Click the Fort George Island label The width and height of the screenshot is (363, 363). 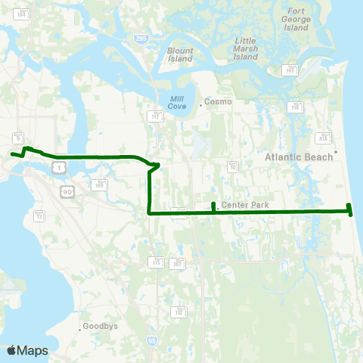pyautogui.click(x=296, y=18)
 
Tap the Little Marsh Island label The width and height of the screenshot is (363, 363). pyautogui.click(x=246, y=48)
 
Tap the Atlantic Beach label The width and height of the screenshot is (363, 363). pyautogui.click(x=299, y=157)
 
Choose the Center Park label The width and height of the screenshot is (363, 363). pyautogui.click(x=240, y=204)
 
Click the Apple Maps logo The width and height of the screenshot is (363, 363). pyautogui.click(x=27, y=350)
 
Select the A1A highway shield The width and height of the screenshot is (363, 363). pyautogui.click(x=323, y=138)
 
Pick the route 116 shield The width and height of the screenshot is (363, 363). pyautogui.click(x=295, y=108)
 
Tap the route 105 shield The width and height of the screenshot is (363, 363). pyautogui.click(x=290, y=70)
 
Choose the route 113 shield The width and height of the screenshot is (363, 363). pyautogui.click(x=157, y=116)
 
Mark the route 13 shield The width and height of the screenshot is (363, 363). pyautogui.click(x=39, y=217)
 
